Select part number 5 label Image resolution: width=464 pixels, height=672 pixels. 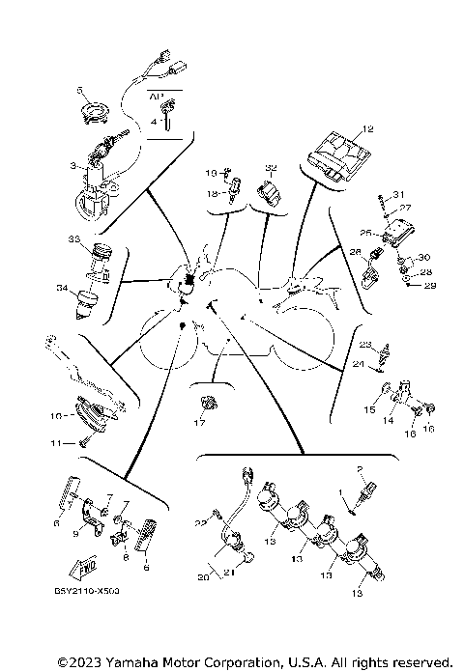pyautogui.click(x=82, y=89)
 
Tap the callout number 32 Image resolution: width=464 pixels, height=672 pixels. pyautogui.click(x=271, y=167)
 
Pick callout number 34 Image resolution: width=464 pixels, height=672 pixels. pyautogui.click(x=61, y=288)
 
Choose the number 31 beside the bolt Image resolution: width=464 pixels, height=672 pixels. pyautogui.click(x=400, y=194)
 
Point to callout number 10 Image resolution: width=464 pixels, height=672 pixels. pyautogui.click(x=56, y=416)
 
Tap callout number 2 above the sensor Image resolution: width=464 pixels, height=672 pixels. pyautogui.click(x=361, y=471)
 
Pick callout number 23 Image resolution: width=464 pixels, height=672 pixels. pyautogui.click(x=364, y=345)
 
